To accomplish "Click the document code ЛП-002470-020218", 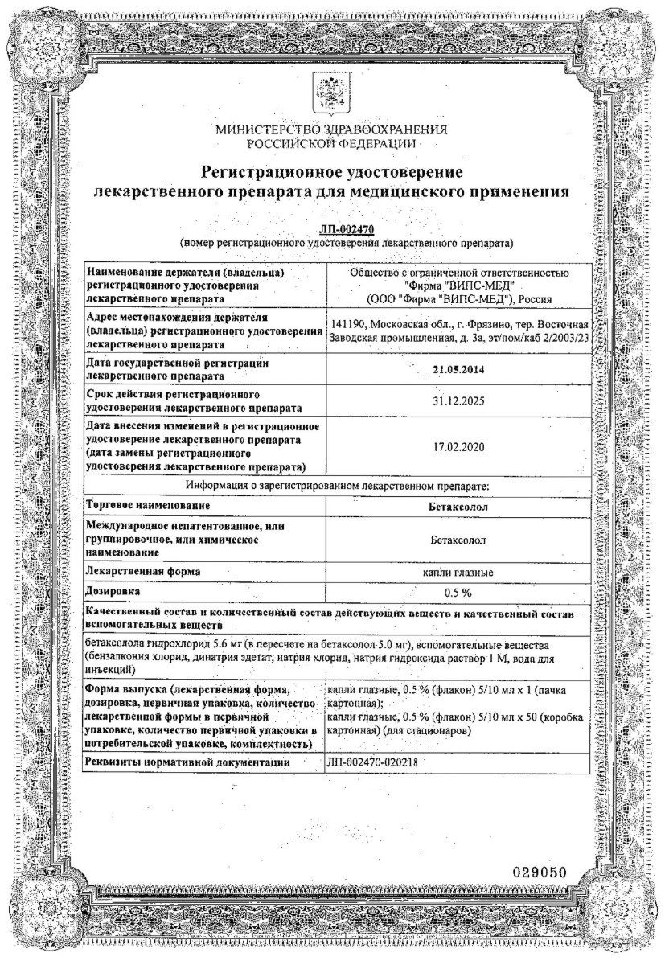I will [x=376, y=762].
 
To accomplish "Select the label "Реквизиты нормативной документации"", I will [x=187, y=762].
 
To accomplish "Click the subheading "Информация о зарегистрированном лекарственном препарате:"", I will [x=338, y=485].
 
